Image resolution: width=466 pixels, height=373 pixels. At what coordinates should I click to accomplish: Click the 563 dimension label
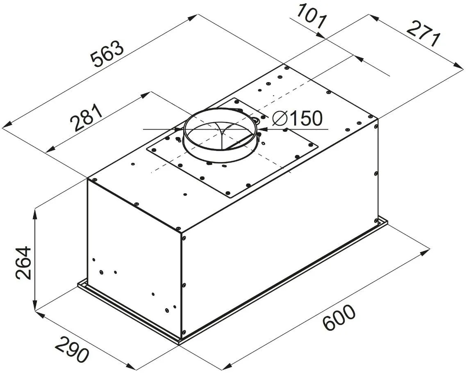(107, 54)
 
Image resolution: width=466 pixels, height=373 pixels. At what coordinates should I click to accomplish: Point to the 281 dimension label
(86, 118)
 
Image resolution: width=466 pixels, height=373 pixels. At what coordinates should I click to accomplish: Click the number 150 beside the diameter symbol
(306, 119)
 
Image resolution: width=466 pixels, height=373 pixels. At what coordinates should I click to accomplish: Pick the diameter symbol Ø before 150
(280, 119)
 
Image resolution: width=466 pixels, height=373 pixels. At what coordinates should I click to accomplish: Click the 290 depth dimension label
(72, 349)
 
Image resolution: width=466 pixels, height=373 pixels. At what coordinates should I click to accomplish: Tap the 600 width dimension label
(339, 318)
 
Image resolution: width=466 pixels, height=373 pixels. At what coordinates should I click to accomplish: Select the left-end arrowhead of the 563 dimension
(7, 125)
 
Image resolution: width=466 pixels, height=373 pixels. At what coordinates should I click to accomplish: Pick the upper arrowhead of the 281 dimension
(145, 95)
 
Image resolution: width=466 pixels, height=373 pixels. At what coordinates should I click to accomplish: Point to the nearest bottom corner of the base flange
(179, 343)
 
